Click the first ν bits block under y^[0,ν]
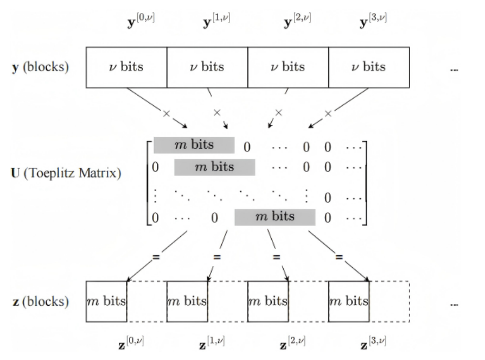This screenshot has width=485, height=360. coord(126,67)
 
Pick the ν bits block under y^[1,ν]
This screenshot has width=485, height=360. coord(207,67)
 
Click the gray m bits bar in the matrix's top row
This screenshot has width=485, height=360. coord(194,145)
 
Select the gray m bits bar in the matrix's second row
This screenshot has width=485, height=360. coord(214,167)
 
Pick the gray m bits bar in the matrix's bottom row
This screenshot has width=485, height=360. coord(275,217)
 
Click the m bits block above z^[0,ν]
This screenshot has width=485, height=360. coord(106,302)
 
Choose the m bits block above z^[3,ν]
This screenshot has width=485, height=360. coord(349,302)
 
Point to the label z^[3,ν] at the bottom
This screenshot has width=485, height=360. coord(373,343)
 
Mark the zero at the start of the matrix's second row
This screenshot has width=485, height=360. coord(156,167)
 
